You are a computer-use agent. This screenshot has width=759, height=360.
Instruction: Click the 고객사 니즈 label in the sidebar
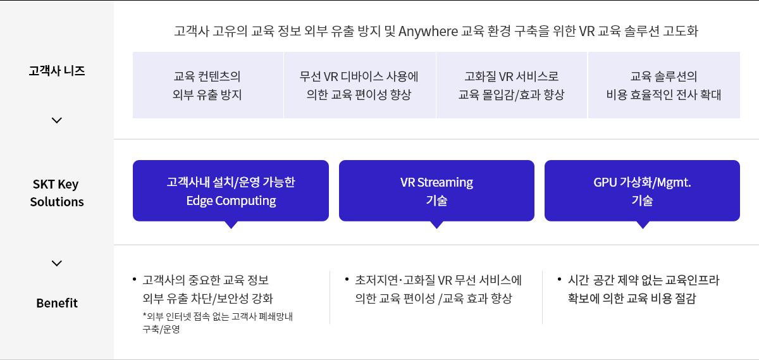point(57,70)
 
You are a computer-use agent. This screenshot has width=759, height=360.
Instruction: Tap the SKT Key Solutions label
point(57,193)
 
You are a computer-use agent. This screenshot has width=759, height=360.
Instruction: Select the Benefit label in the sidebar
point(57,303)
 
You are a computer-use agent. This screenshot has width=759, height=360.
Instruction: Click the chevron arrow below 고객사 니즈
point(57,120)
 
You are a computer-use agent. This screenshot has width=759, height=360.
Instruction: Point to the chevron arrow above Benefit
point(57,263)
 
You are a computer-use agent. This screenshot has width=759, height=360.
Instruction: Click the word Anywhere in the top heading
point(428,31)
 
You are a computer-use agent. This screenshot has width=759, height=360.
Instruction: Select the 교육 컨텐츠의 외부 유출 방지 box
point(207,85)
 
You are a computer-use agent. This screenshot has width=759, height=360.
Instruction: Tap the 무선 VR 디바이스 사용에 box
point(359,85)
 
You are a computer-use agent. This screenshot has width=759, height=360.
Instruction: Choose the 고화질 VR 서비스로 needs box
point(511,85)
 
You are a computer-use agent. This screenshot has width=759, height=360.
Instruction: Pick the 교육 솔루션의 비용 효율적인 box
point(663,85)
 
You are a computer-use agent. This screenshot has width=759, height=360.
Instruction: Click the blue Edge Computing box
point(231,190)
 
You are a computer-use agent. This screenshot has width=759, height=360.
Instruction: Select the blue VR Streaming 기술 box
point(436,190)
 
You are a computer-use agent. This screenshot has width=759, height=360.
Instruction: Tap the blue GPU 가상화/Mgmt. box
point(642,190)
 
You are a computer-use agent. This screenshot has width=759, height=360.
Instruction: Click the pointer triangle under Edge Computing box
point(231,225)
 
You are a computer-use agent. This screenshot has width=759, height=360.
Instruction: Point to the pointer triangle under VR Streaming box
point(436,225)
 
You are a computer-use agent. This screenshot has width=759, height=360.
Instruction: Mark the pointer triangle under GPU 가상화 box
point(643,225)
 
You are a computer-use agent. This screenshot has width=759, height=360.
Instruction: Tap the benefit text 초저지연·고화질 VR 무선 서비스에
point(438,280)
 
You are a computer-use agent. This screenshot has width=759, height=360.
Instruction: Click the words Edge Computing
point(231,201)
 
